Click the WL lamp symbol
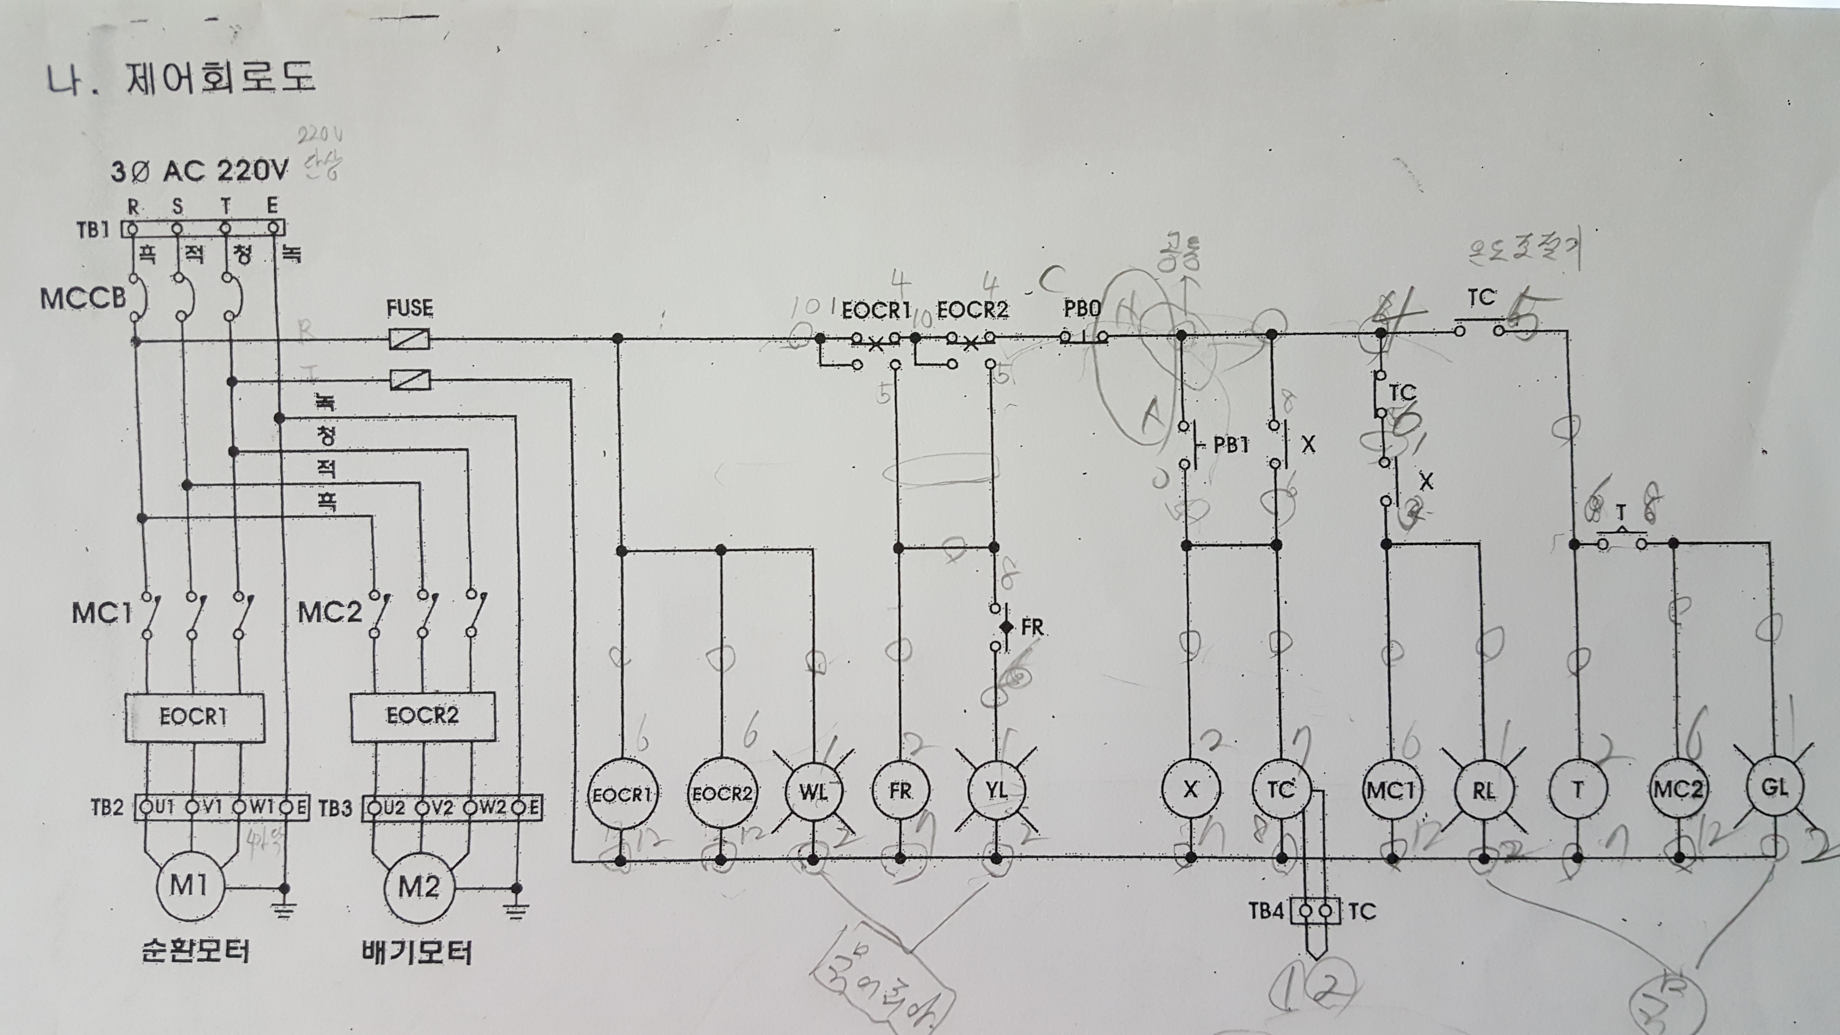(813, 791)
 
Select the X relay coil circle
(1190, 789)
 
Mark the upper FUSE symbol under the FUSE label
(409, 338)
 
